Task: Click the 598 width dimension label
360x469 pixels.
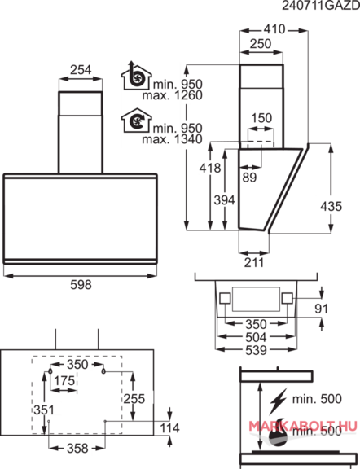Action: click(x=81, y=284)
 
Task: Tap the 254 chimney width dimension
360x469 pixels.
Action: click(x=81, y=70)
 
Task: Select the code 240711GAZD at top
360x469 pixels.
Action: click(x=321, y=6)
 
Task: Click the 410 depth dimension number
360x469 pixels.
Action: click(x=274, y=29)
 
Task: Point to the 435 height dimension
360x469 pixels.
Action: click(x=331, y=206)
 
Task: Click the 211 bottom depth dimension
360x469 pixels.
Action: click(x=254, y=263)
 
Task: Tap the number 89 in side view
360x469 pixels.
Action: click(x=249, y=178)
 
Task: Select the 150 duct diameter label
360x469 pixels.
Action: click(x=261, y=118)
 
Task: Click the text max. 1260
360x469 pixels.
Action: click(x=173, y=95)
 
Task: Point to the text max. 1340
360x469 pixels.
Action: click(x=173, y=139)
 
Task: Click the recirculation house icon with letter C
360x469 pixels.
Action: click(x=137, y=121)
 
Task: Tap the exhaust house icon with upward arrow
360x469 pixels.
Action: click(x=137, y=76)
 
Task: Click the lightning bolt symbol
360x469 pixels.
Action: click(x=278, y=401)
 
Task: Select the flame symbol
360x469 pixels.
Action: click(x=279, y=432)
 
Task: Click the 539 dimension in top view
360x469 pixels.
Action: click(x=256, y=350)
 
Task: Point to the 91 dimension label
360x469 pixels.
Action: click(x=322, y=309)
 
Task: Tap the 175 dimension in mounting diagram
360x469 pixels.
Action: click(x=64, y=381)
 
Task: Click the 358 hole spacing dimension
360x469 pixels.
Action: click(x=77, y=448)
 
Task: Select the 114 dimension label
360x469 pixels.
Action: click(x=169, y=428)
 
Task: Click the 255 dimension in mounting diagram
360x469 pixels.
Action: click(x=134, y=399)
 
